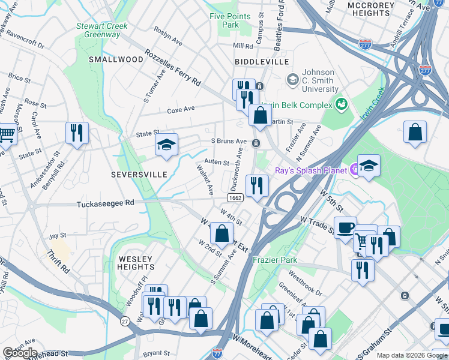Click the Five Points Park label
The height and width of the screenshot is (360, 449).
pos(224,20)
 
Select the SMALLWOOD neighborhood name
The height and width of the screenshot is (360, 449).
pos(116,59)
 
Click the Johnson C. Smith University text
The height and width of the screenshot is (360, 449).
pos(321,80)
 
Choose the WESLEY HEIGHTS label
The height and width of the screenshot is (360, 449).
pos(136,263)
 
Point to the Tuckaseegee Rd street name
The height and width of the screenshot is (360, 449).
pos(106,204)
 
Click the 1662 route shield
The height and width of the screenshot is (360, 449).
pos(235,197)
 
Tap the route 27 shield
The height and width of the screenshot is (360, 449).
pos(125,321)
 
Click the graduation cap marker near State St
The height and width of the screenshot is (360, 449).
pos(167,145)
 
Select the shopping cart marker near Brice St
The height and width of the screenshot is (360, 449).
pos(6,133)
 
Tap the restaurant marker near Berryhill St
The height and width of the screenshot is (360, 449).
pos(77,133)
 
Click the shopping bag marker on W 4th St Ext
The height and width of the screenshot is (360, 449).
pos(221,233)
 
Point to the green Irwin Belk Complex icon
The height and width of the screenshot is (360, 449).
pos(342,105)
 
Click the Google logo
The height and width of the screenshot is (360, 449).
pos(20,353)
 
